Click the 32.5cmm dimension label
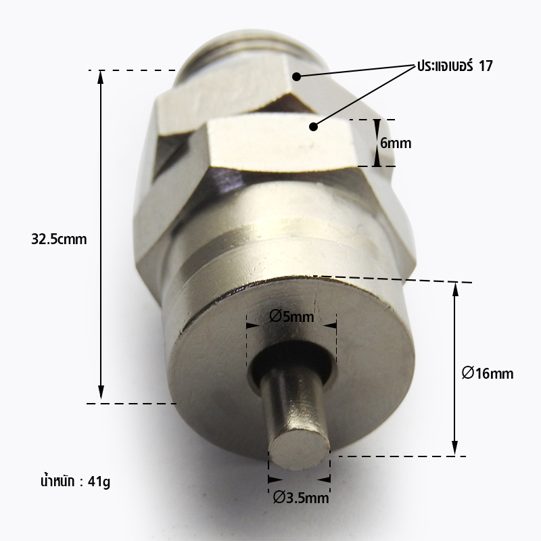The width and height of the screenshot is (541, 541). click(x=59, y=239)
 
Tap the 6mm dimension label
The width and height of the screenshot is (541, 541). click(x=396, y=143)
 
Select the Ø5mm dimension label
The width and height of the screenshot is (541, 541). click(x=291, y=316)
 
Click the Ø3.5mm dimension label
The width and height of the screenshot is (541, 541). click(x=300, y=499)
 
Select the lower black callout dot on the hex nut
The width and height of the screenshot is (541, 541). click(x=314, y=126)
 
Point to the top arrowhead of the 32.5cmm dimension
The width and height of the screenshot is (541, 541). click(x=101, y=76)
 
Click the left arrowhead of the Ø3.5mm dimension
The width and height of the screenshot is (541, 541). click(x=273, y=477)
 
